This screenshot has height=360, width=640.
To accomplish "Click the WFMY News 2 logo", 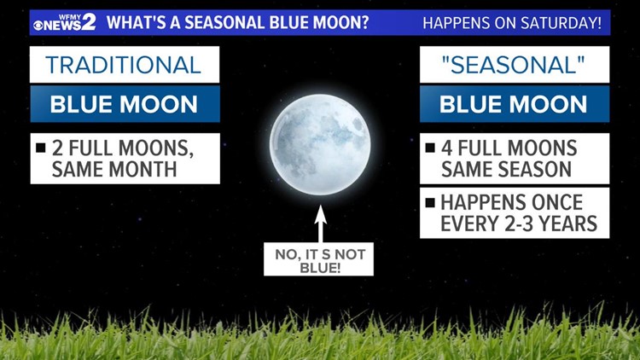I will click(64, 22).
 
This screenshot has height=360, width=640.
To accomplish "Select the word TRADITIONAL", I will click(124, 65).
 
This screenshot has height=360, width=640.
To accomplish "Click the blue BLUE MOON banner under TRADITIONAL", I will click(124, 105).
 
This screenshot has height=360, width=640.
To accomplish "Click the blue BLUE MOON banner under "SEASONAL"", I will click(514, 105).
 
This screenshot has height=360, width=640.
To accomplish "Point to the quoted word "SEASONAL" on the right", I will click(514, 65).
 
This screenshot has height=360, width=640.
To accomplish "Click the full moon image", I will click(320, 143).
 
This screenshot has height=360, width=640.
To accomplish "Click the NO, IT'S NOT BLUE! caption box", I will click(318, 258).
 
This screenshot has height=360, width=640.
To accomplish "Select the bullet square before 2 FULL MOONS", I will click(40, 148).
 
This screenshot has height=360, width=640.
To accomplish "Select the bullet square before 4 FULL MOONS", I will click(430, 148).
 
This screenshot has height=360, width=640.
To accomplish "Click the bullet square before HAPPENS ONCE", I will click(430, 203).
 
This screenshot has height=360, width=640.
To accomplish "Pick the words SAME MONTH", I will click(113, 169).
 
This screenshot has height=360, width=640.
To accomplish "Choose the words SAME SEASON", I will click(506, 169).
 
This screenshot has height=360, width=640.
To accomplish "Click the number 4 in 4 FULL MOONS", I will click(448, 148).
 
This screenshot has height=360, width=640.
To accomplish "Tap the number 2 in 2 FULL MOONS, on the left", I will click(58, 148).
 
